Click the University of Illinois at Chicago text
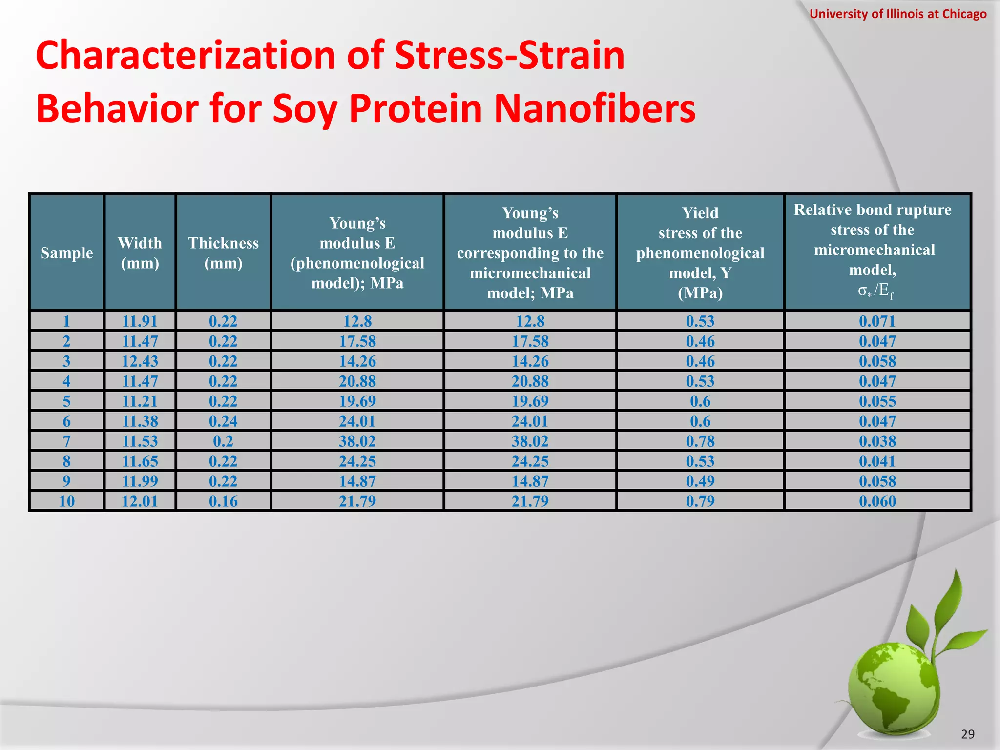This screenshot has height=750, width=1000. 897,14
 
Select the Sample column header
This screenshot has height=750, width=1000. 66,253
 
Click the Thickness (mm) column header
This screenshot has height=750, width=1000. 223,253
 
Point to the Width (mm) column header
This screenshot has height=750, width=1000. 140,253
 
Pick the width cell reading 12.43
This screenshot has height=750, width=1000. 140,361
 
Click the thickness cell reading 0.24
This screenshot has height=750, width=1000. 223,421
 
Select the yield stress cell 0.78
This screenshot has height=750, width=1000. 700,441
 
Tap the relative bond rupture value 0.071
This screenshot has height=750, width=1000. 877,321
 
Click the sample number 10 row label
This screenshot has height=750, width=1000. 66,501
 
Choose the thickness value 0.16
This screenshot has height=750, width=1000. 223,501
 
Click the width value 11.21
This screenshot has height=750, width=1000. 140,401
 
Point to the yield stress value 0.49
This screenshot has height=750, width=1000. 700,481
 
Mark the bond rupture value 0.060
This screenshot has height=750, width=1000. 877,501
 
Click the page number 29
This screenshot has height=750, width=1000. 967,734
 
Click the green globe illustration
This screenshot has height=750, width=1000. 894,688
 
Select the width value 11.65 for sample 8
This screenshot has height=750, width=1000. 140,461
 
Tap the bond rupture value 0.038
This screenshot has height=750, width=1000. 877,441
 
